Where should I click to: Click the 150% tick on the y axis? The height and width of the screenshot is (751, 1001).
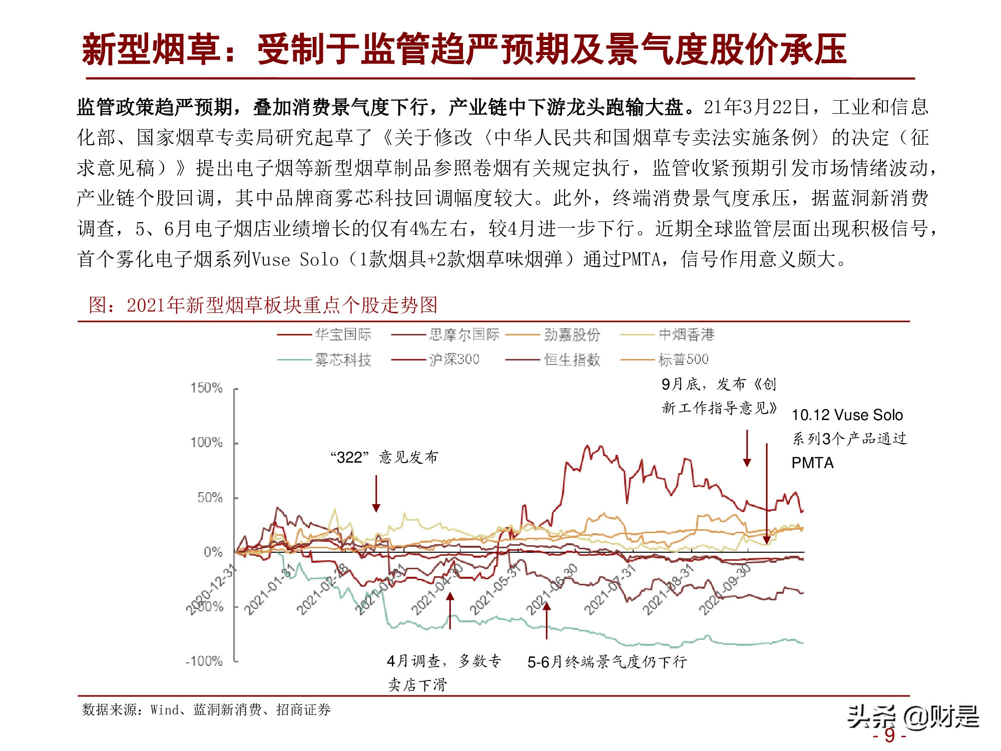pos(206,388)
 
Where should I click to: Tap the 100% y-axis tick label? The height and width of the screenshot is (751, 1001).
pos(206,443)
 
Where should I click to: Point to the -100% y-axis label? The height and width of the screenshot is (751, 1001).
pos(204,661)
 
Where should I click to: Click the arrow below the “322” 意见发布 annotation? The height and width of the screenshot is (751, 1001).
pos(376,494)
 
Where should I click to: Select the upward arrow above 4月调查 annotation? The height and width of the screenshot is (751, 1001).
pos(450,611)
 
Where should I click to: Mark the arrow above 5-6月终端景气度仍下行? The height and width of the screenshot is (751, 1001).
pos(547,621)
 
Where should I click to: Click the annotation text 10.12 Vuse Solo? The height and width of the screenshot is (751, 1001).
pos(847,415)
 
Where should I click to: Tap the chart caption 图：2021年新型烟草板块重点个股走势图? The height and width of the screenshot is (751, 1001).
pos(263,305)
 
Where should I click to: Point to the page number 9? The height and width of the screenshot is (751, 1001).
pos(889,735)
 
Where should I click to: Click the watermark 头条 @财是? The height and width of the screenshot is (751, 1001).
pos(912,717)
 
